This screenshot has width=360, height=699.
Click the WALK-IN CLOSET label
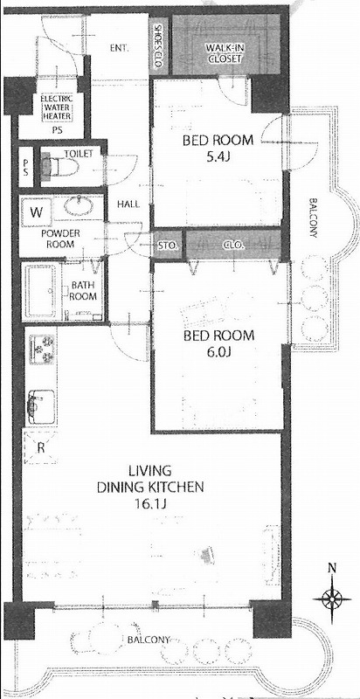224,53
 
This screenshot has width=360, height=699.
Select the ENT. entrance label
120,48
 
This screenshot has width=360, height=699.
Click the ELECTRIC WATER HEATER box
57,107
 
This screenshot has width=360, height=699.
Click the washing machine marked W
37,211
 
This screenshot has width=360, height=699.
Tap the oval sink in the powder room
79,206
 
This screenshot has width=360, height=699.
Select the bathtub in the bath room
41,291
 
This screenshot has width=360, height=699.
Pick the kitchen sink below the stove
41,406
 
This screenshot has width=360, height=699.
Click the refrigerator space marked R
40,447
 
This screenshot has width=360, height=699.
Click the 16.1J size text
149,504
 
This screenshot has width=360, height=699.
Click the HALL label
128,204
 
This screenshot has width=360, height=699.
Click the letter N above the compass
331,567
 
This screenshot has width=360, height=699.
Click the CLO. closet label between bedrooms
232,245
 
